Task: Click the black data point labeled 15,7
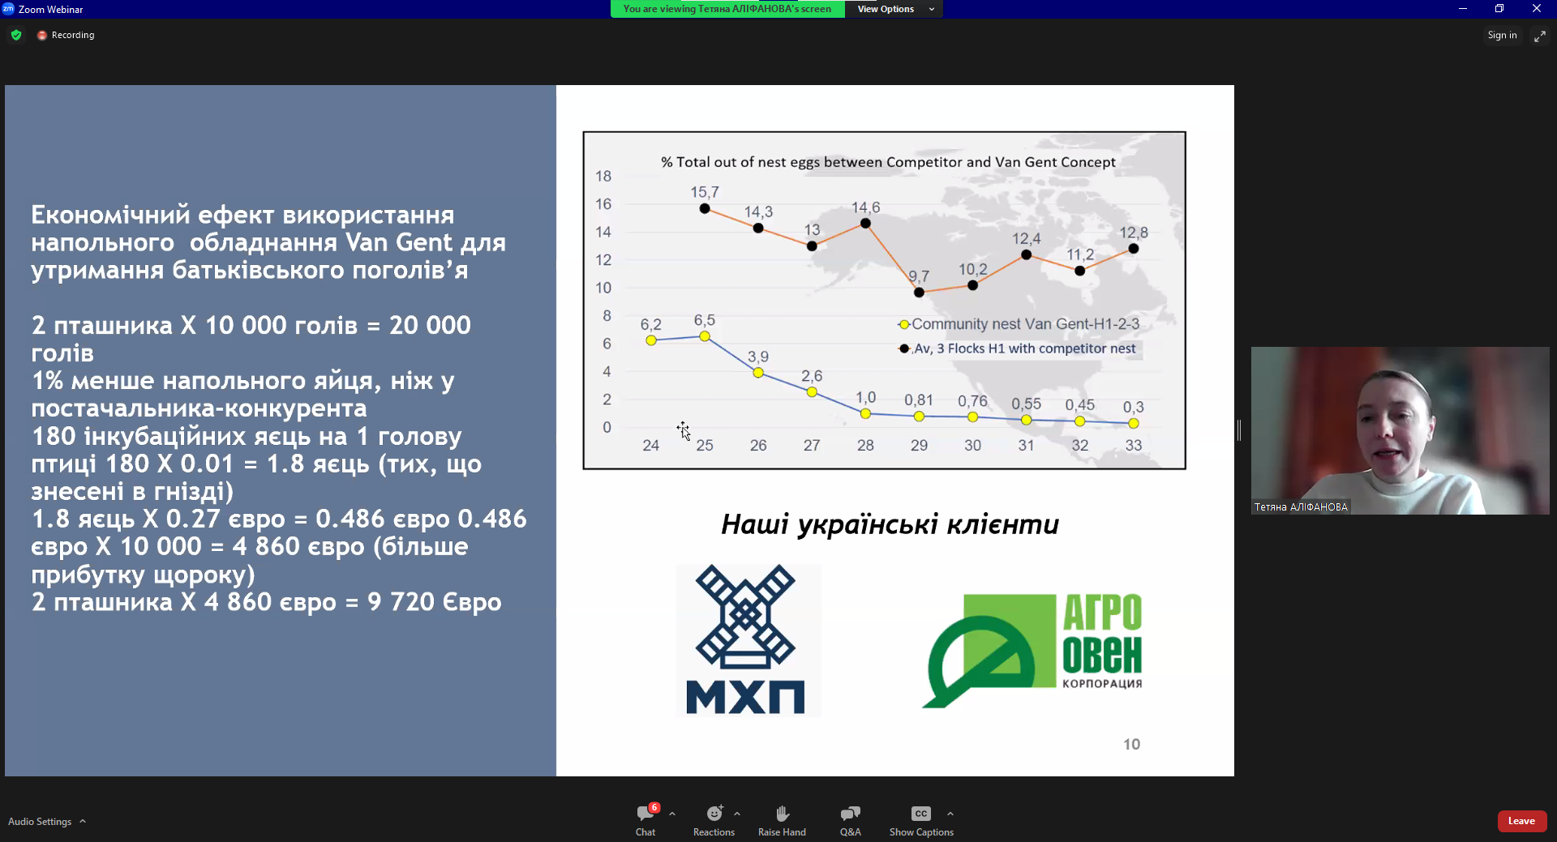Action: tap(705, 208)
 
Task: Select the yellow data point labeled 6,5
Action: tap(705, 336)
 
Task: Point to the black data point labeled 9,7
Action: tap(919, 293)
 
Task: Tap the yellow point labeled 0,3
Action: tap(1134, 424)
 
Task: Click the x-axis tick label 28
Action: tap(865, 445)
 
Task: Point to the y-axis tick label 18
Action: tap(603, 176)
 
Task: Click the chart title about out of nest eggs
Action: tap(888, 162)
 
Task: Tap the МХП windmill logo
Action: tap(746, 639)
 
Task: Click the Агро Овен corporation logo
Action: tap(1032, 651)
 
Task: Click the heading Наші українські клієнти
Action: tap(890, 524)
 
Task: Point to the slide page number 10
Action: tap(1131, 744)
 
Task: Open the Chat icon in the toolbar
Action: tap(646, 814)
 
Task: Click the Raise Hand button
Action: tap(782, 820)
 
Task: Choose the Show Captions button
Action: tap(921, 820)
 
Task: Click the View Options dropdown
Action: tap(894, 9)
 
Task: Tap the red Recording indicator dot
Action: tap(42, 36)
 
